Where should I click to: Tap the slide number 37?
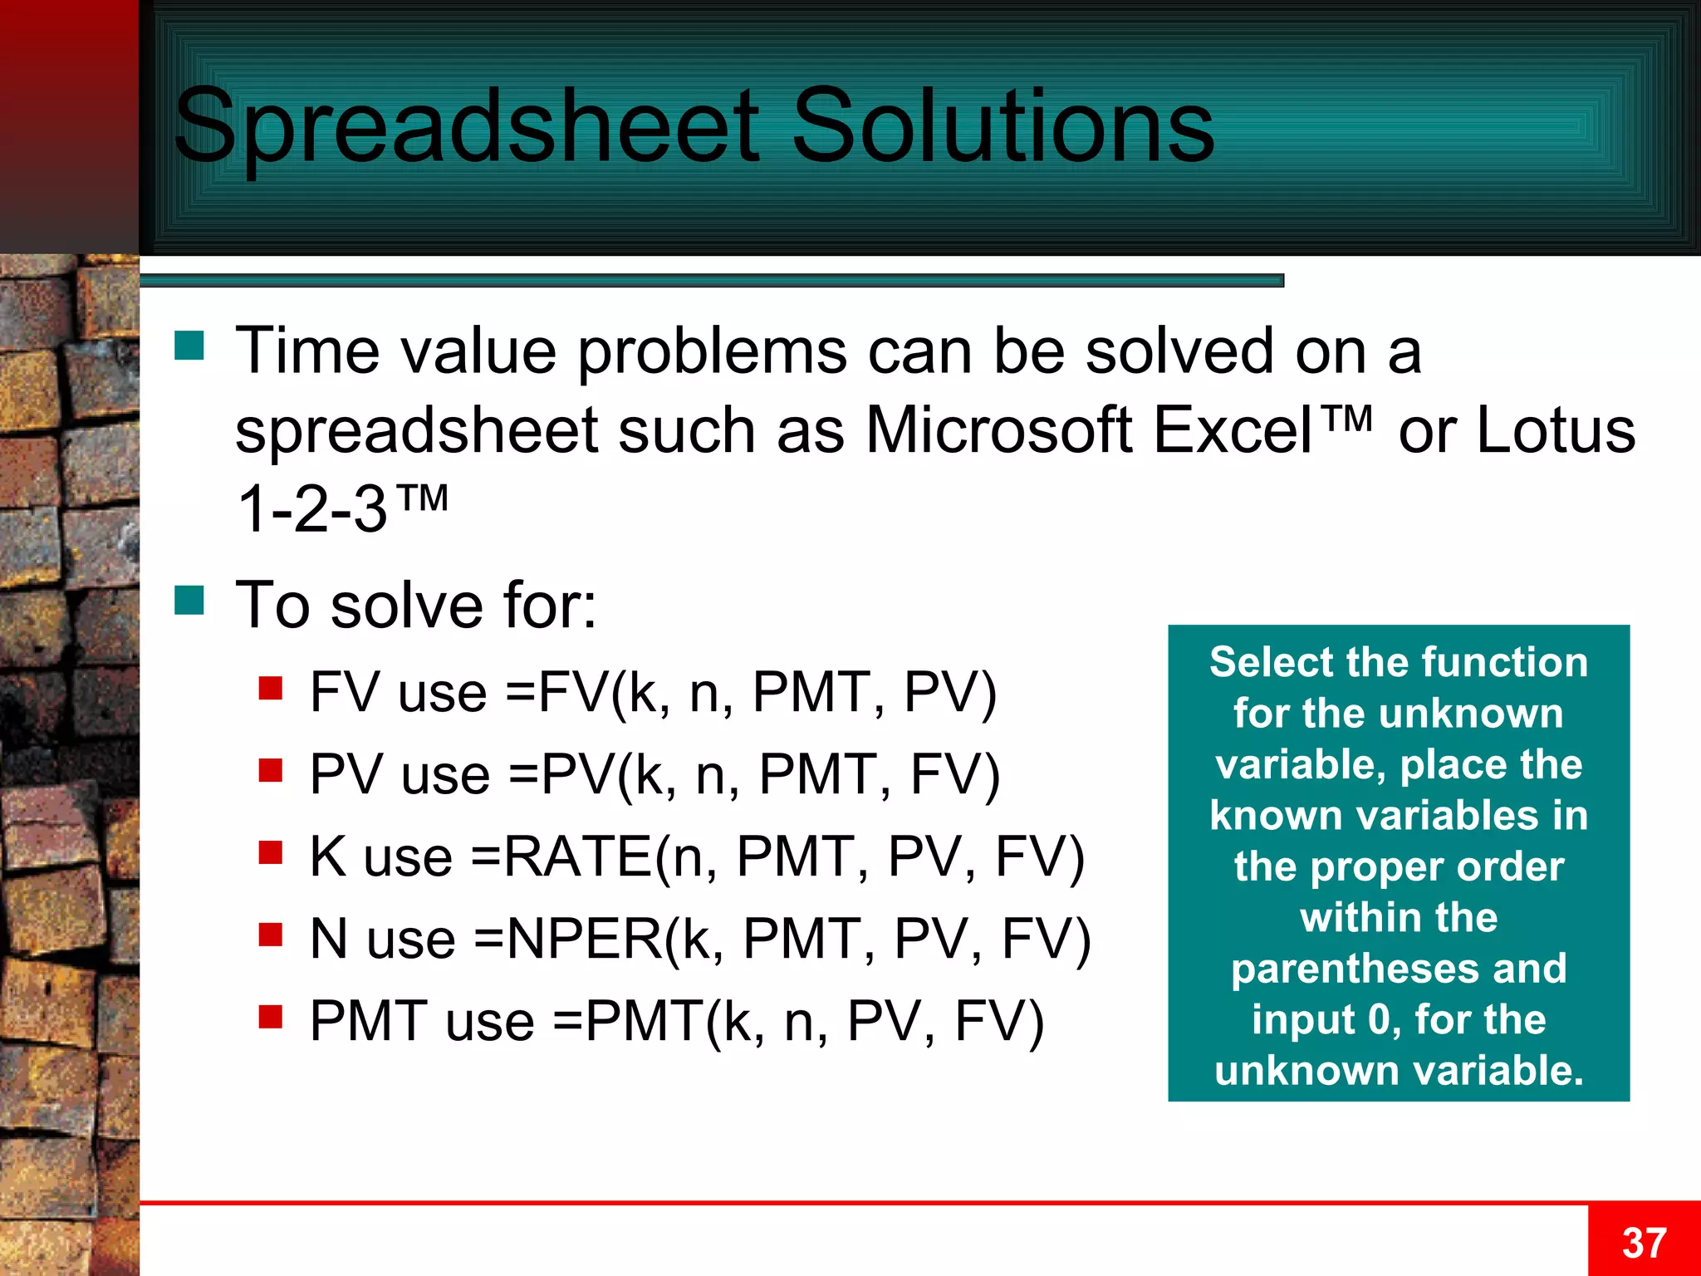point(1644,1243)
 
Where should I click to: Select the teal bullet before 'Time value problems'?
point(189,346)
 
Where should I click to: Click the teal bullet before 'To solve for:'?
point(189,600)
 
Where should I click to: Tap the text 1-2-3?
point(312,509)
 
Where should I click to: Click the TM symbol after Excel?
point(1346,418)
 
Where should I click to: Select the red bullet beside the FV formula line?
point(271,689)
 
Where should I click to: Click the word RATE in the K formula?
point(578,856)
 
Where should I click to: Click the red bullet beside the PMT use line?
point(271,1016)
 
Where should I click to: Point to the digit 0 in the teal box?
point(1379,1019)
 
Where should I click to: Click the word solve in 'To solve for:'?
point(406,605)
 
